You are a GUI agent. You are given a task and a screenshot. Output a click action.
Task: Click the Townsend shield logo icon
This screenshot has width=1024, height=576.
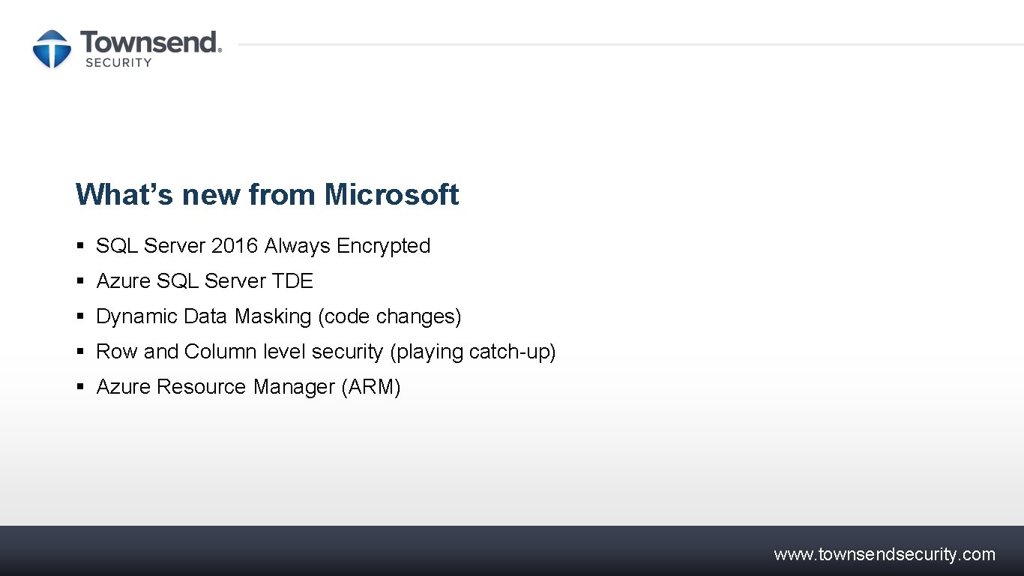click(52, 49)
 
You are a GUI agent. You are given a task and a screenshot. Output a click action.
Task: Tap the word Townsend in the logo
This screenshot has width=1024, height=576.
click(150, 42)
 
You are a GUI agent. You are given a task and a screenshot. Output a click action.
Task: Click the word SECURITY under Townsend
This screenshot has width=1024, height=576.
click(118, 63)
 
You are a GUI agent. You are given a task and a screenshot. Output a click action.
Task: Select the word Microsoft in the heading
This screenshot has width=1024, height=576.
click(391, 194)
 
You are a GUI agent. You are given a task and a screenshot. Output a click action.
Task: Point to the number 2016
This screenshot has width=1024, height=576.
click(235, 246)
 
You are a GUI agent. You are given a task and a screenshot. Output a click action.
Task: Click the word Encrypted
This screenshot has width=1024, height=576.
click(383, 246)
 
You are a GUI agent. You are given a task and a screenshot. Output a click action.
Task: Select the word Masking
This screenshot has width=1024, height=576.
click(273, 316)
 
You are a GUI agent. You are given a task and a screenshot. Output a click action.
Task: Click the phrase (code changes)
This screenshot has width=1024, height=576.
click(390, 316)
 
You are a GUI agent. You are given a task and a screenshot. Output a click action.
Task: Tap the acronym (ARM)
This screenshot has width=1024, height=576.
click(371, 387)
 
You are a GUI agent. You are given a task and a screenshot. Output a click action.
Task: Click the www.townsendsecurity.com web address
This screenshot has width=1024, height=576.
click(885, 554)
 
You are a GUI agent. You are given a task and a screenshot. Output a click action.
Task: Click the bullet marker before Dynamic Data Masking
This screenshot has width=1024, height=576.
click(80, 316)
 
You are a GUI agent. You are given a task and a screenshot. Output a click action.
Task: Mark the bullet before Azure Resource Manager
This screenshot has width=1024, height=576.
click(80, 387)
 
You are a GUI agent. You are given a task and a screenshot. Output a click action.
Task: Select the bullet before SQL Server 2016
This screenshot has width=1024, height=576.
click(80, 246)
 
